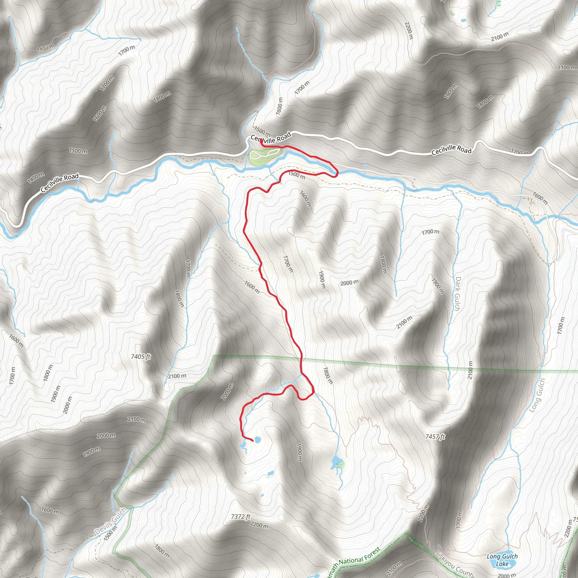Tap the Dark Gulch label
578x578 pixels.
coord(457,294)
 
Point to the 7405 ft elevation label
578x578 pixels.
coord(141,357)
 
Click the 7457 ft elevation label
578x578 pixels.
coord(435,437)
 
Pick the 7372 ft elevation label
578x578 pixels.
coord(241,517)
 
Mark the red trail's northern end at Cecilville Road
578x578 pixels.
coord(261,140)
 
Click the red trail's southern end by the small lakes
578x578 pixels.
coord(253,441)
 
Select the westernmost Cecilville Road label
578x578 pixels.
coord(60,183)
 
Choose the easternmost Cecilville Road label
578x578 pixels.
coord(452,150)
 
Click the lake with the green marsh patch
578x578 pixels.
coord(336,459)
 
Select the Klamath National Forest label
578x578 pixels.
coord(356,562)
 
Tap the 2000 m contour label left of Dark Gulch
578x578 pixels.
coord(349,283)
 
